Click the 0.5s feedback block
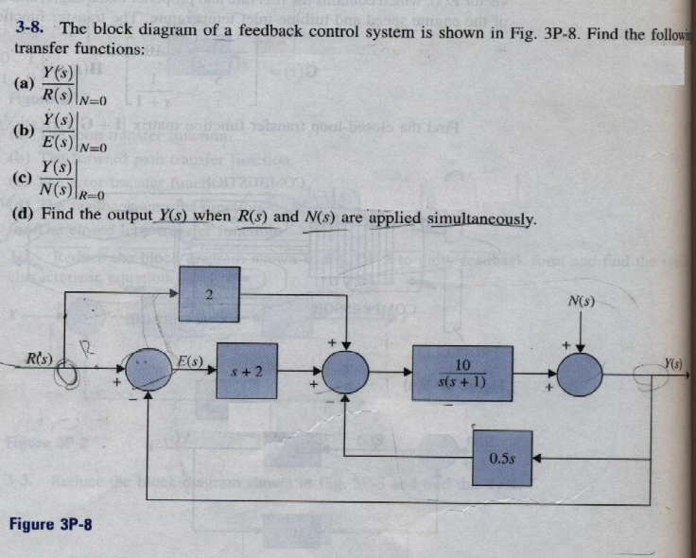(503, 458)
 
